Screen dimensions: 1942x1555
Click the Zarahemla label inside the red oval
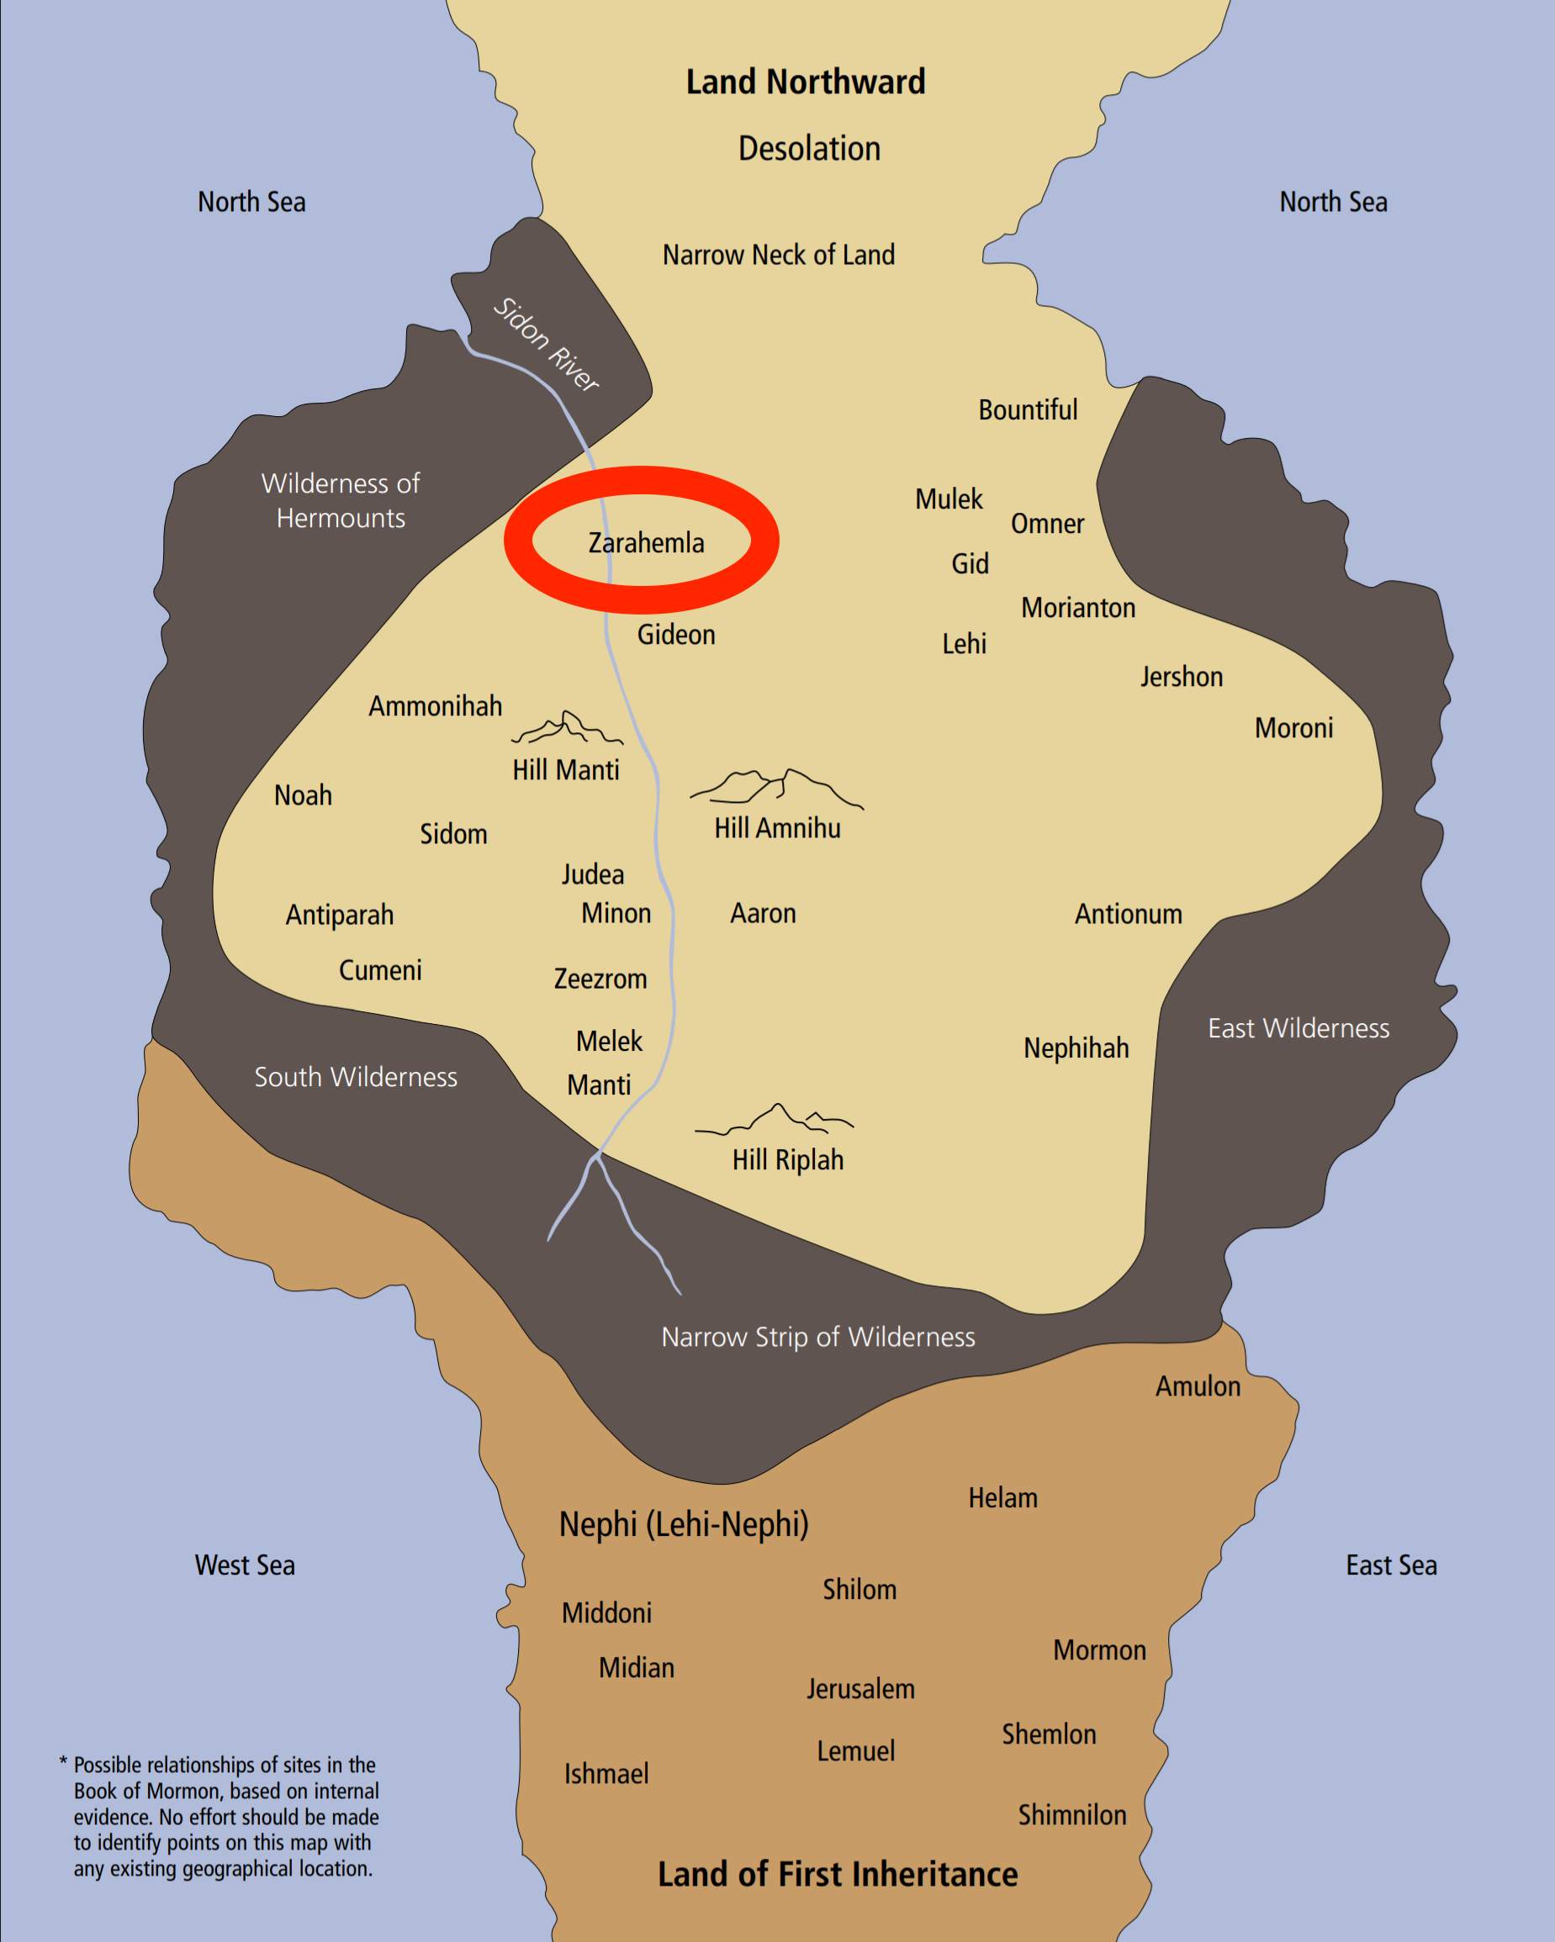tap(646, 543)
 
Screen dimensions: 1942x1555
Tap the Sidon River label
tap(546, 344)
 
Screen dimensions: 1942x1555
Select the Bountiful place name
tap(1027, 411)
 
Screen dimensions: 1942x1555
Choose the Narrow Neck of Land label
tap(779, 256)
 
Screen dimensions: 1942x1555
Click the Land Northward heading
tap(806, 83)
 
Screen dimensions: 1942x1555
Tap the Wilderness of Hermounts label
tap(341, 501)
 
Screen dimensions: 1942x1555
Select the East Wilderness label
tap(1298, 1029)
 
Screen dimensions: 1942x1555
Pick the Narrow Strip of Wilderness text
tap(818, 1338)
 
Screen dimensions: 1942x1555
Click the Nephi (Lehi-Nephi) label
tap(684, 1525)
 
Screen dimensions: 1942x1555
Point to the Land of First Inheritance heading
tap(837, 1875)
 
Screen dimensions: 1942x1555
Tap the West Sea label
tap(245, 1565)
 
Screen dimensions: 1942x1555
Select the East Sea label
tap(1391, 1565)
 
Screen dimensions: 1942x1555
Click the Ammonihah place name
tap(435, 706)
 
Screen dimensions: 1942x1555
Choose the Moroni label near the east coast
tap(1293, 728)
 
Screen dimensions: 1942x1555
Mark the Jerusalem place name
tap(860, 1689)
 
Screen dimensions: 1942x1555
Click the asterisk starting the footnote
tap(63, 1762)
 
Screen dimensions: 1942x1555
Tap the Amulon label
tap(1198, 1386)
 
